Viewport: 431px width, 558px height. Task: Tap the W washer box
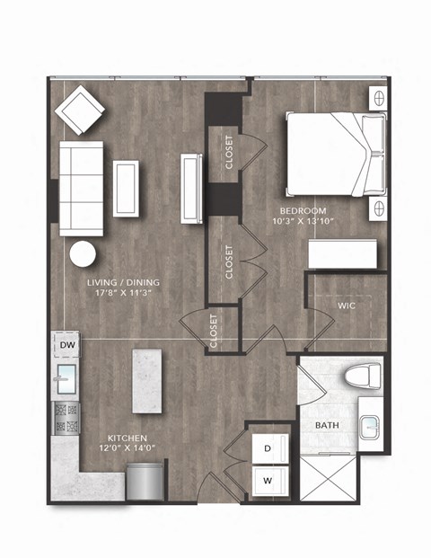[x=268, y=480]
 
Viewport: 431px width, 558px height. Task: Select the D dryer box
[x=268, y=447]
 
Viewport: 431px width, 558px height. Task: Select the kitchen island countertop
[x=150, y=380]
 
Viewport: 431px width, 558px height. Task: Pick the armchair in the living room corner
[x=81, y=111]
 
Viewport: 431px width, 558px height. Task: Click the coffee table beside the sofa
[x=126, y=188]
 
